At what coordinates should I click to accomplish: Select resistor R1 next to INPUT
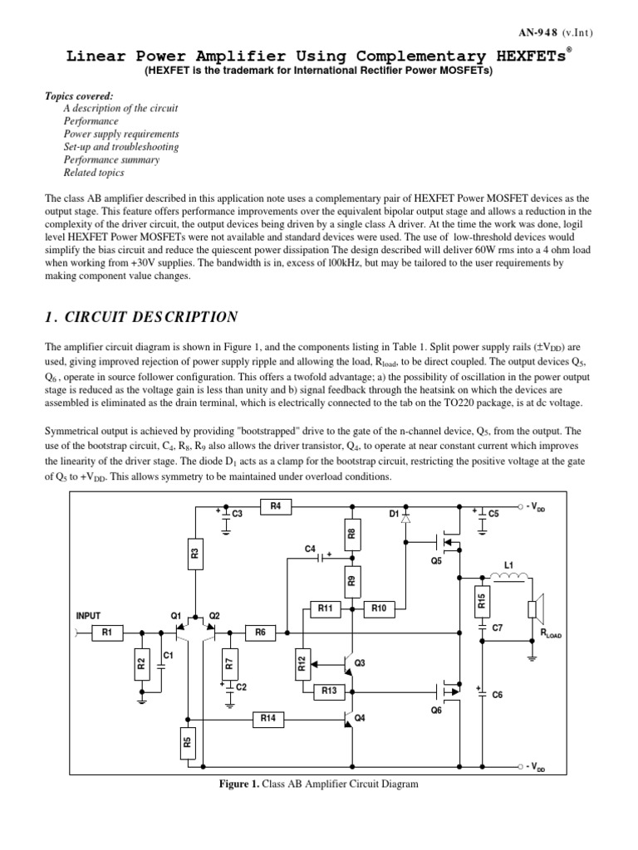(x=106, y=633)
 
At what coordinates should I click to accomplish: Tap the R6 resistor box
(x=260, y=633)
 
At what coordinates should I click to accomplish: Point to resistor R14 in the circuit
(x=267, y=719)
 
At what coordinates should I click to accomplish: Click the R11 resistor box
(x=325, y=608)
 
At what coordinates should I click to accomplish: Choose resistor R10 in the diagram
(x=380, y=608)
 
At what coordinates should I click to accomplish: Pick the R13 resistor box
(x=325, y=690)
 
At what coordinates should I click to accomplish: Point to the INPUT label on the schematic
(x=88, y=616)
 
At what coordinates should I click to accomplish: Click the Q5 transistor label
(x=436, y=559)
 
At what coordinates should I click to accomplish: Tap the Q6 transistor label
(x=436, y=711)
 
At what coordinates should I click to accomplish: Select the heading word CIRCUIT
(x=127, y=317)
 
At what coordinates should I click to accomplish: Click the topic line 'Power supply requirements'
(x=120, y=134)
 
